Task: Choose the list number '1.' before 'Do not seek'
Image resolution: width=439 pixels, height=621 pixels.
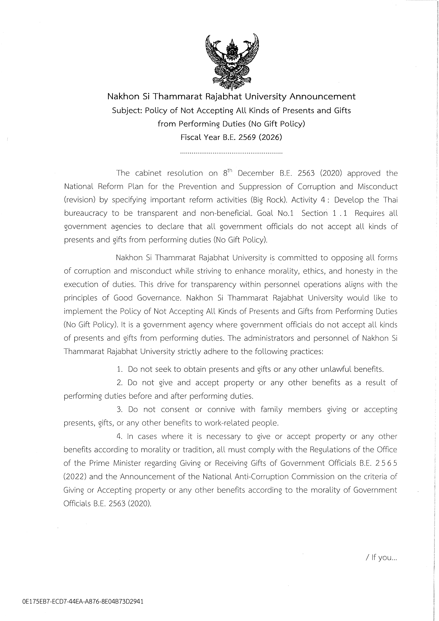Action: click(120, 369)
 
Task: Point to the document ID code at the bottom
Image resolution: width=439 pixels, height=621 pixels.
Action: click(83, 602)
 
